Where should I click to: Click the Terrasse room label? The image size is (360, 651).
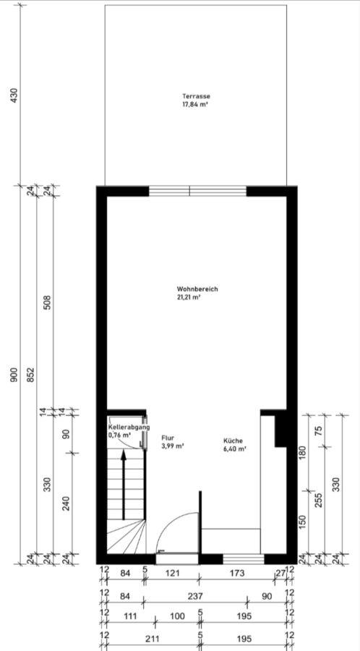tap(196, 96)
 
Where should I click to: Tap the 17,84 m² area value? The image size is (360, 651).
tap(195, 105)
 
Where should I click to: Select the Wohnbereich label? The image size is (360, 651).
tap(197, 289)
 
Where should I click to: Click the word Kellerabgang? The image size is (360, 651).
tap(129, 427)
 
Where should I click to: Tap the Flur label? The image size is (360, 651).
tap(167, 438)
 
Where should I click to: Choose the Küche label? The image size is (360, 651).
tap(233, 441)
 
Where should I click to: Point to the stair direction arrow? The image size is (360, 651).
tap(123, 485)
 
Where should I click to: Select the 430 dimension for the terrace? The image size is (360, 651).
tap(15, 95)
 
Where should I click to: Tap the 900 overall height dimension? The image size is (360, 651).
tap(15, 375)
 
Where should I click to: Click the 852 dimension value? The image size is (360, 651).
tap(32, 375)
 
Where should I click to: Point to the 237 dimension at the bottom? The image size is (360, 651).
tap(194, 596)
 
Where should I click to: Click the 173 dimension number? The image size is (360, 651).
tap(238, 574)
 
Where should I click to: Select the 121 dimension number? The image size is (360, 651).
tap(172, 574)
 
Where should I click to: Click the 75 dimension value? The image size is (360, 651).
tap(319, 430)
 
